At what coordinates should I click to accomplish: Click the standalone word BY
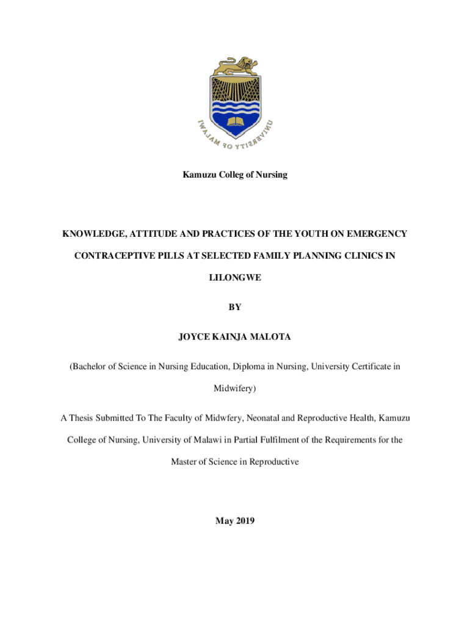click(234, 308)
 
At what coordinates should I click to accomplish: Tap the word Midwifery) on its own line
click(234, 388)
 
